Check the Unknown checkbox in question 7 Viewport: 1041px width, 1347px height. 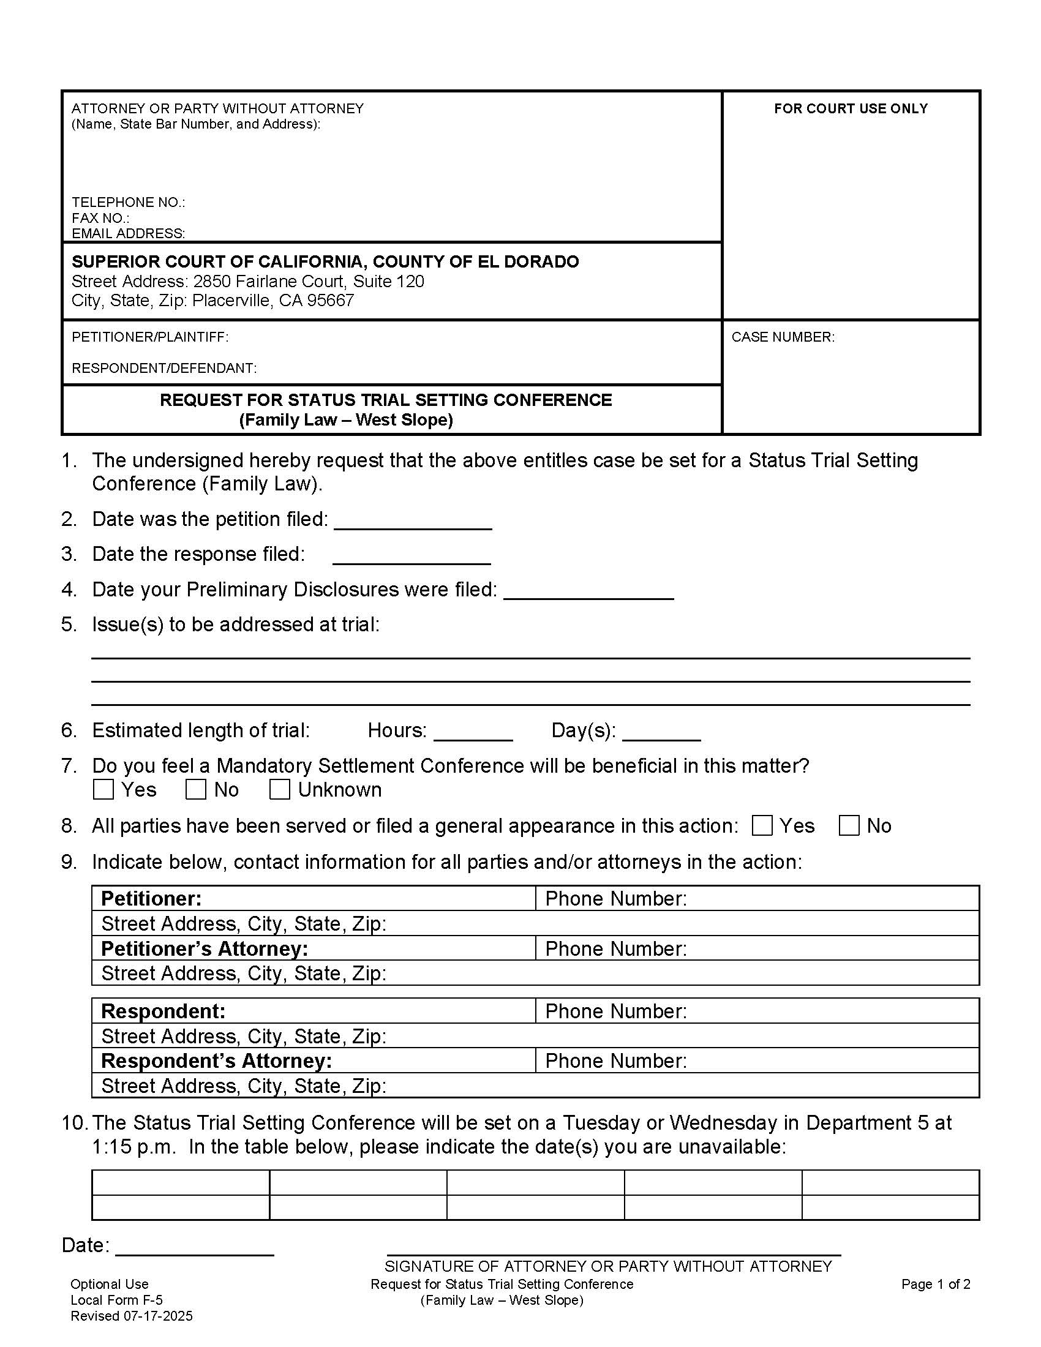click(x=279, y=789)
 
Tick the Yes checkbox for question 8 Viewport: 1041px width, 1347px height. click(x=762, y=825)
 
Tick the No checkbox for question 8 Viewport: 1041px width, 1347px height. click(x=849, y=825)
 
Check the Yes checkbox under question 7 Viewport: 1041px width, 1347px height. click(x=103, y=789)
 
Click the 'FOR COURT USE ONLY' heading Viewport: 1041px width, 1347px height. click(x=851, y=108)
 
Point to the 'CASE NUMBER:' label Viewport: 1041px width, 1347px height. click(x=783, y=337)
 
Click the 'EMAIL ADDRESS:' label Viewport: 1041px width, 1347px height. click(x=128, y=233)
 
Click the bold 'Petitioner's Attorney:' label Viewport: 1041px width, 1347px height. click(x=204, y=948)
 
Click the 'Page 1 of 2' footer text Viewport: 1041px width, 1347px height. click(x=936, y=1283)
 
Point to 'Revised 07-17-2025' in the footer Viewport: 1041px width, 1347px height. click(x=132, y=1316)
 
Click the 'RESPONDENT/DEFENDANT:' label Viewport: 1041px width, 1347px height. click(x=164, y=368)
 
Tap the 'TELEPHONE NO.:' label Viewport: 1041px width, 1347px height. click(x=128, y=202)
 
